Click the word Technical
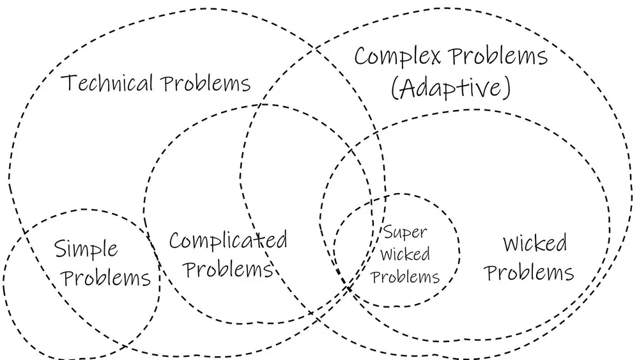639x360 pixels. (108, 83)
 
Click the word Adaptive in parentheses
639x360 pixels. (451, 88)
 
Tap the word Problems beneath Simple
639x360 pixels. (108, 278)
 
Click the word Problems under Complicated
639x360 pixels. (229, 269)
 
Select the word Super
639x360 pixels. (404, 232)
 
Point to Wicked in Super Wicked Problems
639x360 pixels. (405, 254)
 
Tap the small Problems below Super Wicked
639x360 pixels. (405, 276)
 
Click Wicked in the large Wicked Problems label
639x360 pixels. (535, 243)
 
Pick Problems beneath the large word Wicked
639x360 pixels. (529, 273)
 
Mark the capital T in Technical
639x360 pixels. (69, 83)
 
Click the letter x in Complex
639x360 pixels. (434, 57)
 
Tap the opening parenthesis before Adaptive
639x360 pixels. (394, 88)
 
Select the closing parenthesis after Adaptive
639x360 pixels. (507, 88)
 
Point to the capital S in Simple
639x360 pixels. (61, 248)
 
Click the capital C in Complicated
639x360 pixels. (176, 241)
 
